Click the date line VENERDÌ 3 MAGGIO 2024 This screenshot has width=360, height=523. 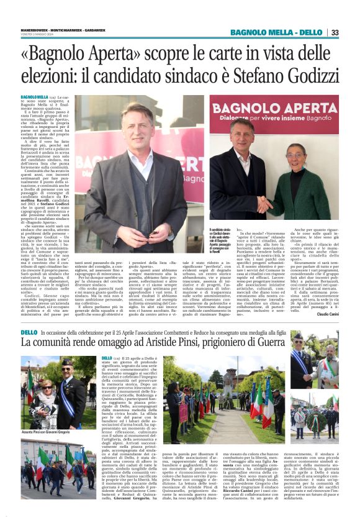(38, 34)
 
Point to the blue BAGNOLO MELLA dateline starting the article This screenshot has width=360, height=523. (35, 98)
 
